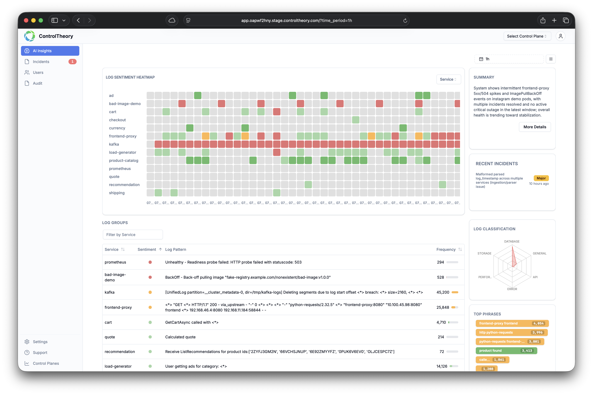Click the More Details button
click(x=535, y=127)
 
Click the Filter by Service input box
click(x=132, y=235)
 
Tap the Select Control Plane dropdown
click(x=527, y=36)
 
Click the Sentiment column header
click(x=147, y=249)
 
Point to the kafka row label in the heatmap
click(x=114, y=144)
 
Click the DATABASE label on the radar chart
click(x=512, y=241)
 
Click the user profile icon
click(x=561, y=36)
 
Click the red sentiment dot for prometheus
click(x=150, y=262)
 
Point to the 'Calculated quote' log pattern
click(x=180, y=337)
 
